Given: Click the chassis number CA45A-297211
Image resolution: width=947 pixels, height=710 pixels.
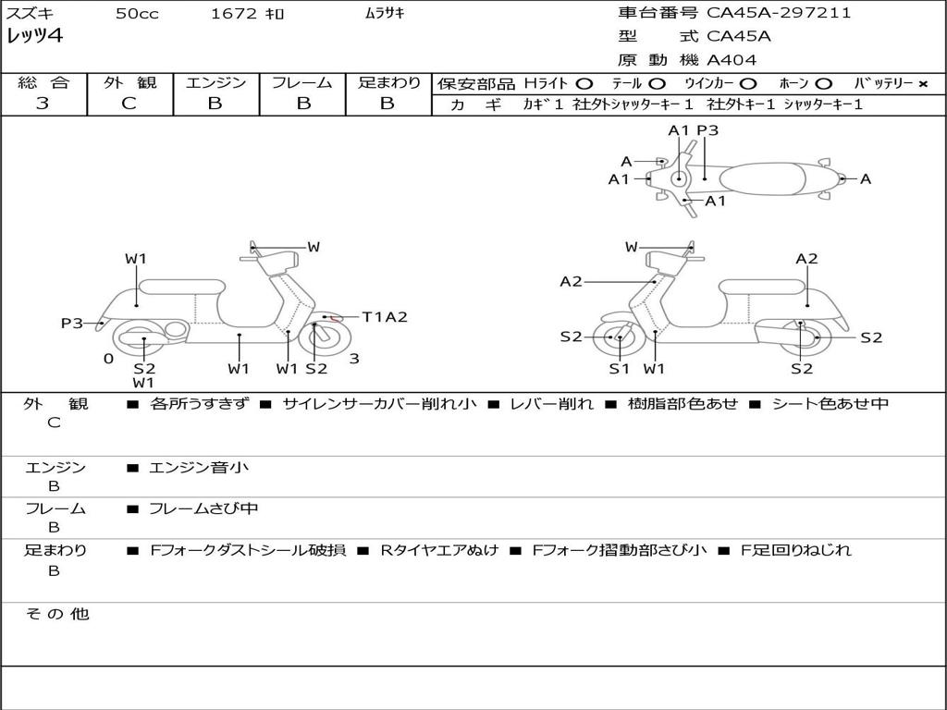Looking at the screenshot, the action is pos(779,13).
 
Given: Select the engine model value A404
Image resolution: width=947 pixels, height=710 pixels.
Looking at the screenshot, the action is pos(732,60).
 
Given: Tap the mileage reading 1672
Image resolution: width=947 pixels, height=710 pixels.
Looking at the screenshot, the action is pos(234,14).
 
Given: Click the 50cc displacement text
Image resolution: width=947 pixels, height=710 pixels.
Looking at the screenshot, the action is pos(135,14).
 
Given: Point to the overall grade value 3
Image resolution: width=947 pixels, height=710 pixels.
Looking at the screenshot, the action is pos(43,104).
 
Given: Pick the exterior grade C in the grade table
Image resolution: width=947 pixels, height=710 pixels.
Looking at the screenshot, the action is pos(129,104).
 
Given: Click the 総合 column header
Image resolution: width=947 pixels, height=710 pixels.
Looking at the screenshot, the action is pos(43,82).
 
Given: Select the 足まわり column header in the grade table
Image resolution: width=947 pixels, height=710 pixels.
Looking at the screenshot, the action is pos(388,82).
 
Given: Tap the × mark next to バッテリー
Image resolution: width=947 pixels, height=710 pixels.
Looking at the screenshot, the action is pos(922,83).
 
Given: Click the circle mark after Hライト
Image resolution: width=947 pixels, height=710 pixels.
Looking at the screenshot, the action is pos(584,83).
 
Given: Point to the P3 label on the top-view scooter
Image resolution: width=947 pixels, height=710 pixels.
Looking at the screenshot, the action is pos(707,130).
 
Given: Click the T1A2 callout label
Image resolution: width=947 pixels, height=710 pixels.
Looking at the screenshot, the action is pos(385,317).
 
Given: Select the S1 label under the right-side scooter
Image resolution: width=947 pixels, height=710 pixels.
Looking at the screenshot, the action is pos(619,369).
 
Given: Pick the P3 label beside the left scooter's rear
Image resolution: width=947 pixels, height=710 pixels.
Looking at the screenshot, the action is pos(72,323).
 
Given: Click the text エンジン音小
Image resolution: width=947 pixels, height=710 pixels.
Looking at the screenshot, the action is pos(199,468).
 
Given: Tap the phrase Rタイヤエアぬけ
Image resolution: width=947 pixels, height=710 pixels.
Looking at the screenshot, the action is pos(439,550).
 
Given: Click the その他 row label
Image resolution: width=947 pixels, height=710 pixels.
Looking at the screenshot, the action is pos(56,614).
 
